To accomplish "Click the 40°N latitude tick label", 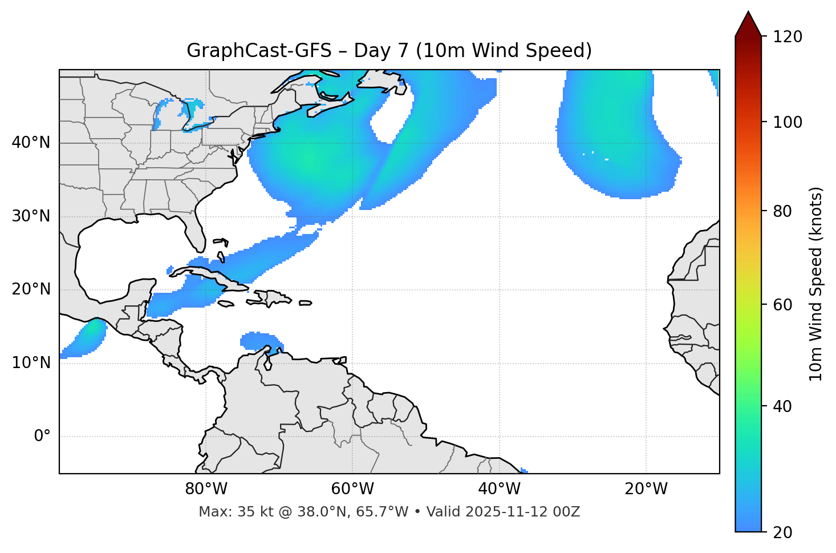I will (31, 143).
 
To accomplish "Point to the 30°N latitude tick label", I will (31, 216).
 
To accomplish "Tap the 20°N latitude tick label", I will (31, 289).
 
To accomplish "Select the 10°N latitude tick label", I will (31, 363).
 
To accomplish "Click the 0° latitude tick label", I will (42, 437).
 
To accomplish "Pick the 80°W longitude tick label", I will (206, 489).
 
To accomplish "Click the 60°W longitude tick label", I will (352, 489).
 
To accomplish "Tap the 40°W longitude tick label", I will (499, 489).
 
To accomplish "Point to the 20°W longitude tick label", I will (646, 489).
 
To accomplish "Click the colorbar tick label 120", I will (788, 37).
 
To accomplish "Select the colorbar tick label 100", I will (788, 122).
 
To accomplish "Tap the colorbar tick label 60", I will (783, 305).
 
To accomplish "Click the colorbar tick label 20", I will (783, 532).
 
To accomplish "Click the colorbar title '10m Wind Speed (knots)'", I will (816, 284).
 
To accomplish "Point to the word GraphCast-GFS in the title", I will (259, 51).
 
